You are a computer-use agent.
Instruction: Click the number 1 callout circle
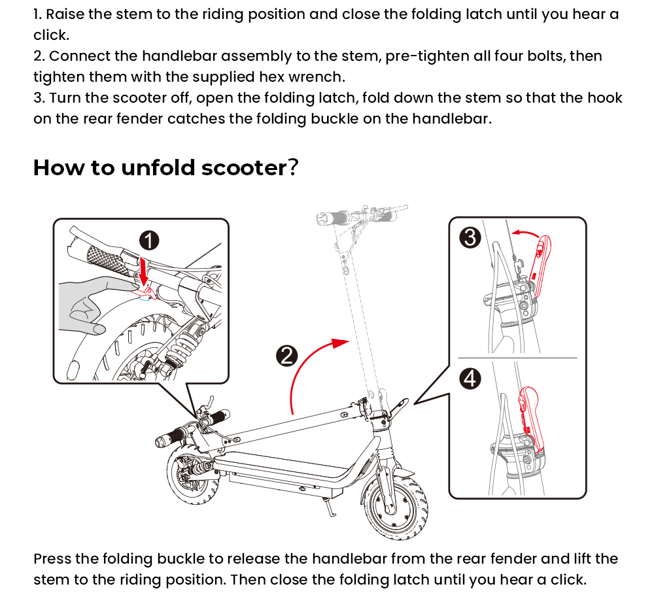[x=150, y=241]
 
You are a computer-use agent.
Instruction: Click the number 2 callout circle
[x=286, y=356]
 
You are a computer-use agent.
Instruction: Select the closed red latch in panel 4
[x=530, y=418]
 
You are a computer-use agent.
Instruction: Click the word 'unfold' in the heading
[x=156, y=167]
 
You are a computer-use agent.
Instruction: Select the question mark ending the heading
[x=294, y=167]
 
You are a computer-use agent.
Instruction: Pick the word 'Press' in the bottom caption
[x=52, y=559]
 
